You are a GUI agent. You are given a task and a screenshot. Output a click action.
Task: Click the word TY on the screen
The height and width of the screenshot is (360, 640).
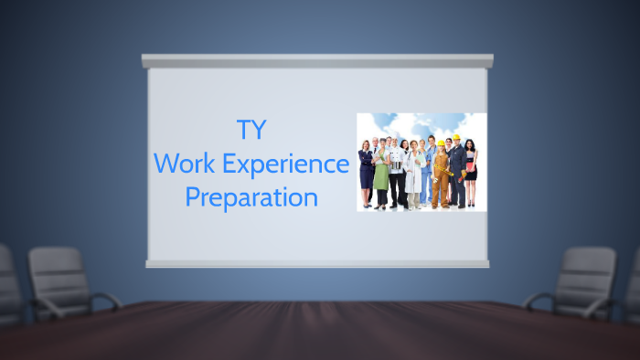(x=251, y=130)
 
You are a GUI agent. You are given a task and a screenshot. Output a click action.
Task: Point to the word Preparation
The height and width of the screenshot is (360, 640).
(x=251, y=196)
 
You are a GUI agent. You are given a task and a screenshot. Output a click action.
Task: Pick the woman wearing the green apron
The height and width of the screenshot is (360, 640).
(x=381, y=174)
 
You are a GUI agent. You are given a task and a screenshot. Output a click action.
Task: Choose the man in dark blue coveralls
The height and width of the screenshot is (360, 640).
(x=457, y=174)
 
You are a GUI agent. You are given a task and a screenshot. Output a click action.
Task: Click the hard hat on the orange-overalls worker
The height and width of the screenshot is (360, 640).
(x=441, y=143)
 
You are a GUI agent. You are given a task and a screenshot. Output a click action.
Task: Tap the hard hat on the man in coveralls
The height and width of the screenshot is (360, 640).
(x=456, y=137)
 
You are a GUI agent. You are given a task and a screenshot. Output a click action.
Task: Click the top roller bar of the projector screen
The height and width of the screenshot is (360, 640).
(x=317, y=61)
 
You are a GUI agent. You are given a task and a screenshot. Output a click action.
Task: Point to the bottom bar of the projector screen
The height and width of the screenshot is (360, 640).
(x=317, y=263)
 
